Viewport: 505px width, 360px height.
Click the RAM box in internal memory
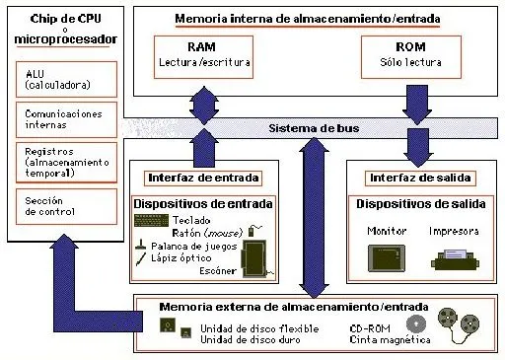(205, 56)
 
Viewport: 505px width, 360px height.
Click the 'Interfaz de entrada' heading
(204, 178)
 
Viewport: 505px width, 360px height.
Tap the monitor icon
(386, 257)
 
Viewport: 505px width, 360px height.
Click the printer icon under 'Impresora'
(456, 259)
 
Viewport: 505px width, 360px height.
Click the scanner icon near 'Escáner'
(257, 254)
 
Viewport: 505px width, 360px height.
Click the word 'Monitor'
(386, 231)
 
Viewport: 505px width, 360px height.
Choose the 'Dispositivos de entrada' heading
(204, 203)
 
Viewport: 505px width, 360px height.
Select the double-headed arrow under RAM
(205, 108)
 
